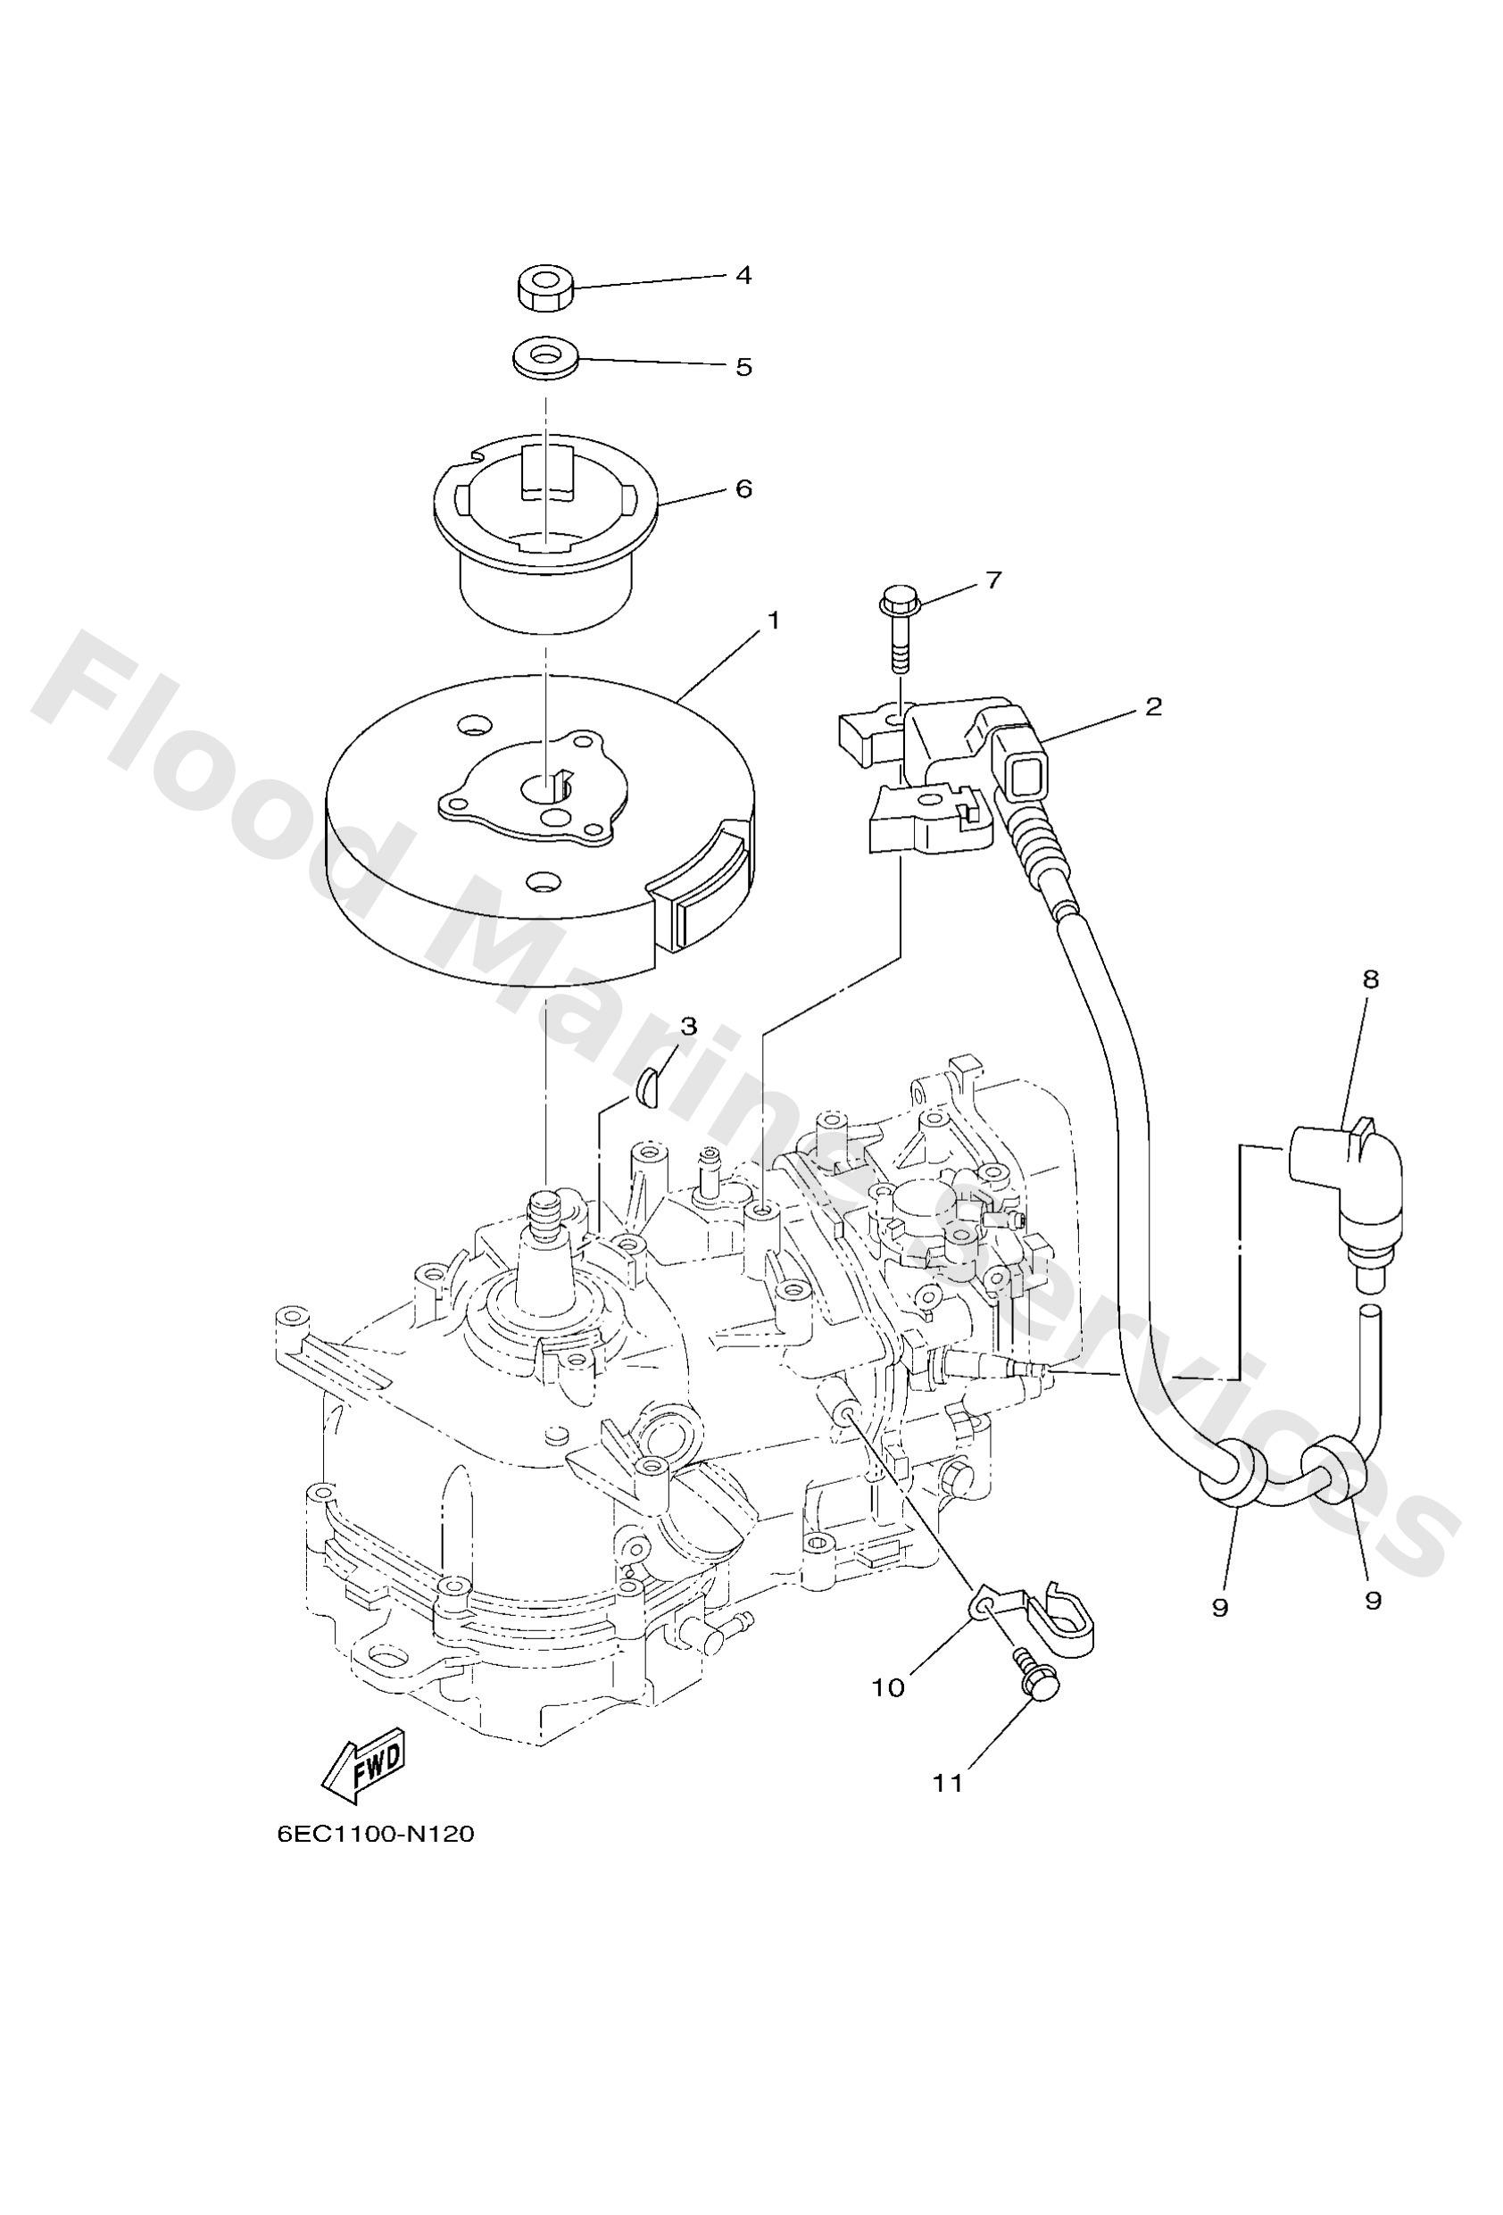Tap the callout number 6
743,489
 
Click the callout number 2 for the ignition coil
1153,707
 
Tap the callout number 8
1373,978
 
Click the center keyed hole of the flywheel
549,787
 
